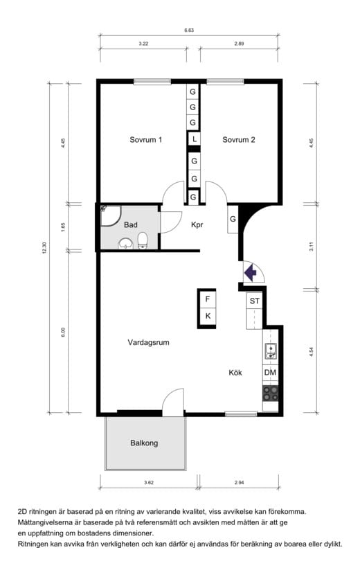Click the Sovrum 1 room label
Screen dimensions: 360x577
pyautogui.click(x=145, y=140)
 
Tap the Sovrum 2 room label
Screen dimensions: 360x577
pyautogui.click(x=239, y=140)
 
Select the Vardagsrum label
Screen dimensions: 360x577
pyautogui.click(x=149, y=343)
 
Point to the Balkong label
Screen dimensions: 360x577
pyautogui.click(x=144, y=443)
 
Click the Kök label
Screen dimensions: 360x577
pyautogui.click(x=235, y=373)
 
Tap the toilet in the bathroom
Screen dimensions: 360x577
pyautogui.click(x=143, y=240)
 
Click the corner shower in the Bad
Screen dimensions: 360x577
pyautogui.click(x=110, y=215)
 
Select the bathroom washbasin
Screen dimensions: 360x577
pyautogui.click(x=126, y=244)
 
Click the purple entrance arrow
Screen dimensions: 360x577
pyautogui.click(x=251, y=273)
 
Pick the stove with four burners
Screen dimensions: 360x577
pyautogui.click(x=270, y=393)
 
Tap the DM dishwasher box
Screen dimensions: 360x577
pyautogui.click(x=270, y=373)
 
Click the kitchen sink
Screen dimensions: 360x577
pyautogui.click(x=271, y=351)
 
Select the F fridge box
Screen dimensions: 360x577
pyautogui.click(x=208, y=299)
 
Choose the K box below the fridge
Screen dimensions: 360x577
pyautogui.click(x=208, y=316)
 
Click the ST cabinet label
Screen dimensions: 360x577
pyautogui.click(x=255, y=301)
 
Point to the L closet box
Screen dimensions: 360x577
pyautogui.click(x=194, y=139)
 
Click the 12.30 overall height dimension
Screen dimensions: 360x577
pyautogui.click(x=45, y=247)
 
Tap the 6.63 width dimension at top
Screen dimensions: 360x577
pyautogui.click(x=189, y=30)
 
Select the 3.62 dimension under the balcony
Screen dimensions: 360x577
pyautogui.click(x=149, y=482)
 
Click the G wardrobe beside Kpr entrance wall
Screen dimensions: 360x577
pyautogui.click(x=233, y=219)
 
